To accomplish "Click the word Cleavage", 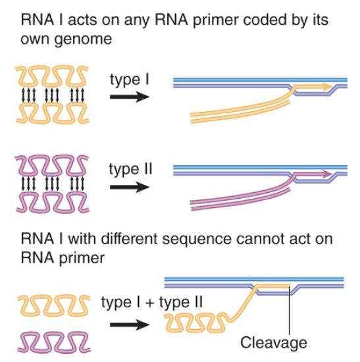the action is (x=274, y=343).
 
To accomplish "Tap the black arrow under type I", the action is (x=130, y=97).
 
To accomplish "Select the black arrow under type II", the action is (x=130, y=187).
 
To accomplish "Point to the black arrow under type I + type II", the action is (x=130, y=325).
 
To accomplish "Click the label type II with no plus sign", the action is (x=131, y=170).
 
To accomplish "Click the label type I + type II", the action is (x=152, y=303).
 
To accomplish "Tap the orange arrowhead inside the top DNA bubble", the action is (x=328, y=87).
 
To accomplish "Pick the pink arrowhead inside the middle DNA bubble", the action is (x=328, y=174).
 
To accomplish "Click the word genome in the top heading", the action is (x=83, y=39).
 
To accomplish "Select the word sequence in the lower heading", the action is (x=197, y=240).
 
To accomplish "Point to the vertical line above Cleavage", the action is (x=290, y=309).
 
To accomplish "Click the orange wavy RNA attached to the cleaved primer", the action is (x=195, y=323).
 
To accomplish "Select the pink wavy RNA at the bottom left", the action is (x=53, y=342).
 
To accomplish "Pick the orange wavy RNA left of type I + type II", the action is (x=53, y=305).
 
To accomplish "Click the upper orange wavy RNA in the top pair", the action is (x=52, y=76).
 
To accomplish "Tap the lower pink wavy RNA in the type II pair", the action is (x=53, y=203).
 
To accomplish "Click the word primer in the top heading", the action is (x=215, y=20).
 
